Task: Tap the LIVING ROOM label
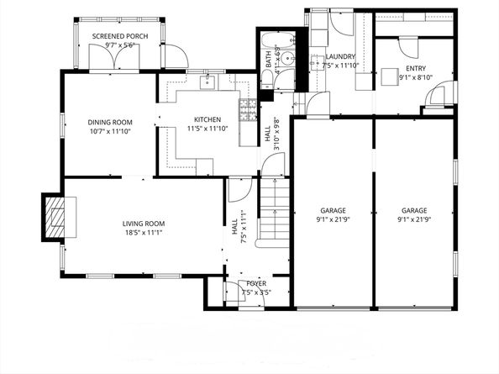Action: pos(144,223)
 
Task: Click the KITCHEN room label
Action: pos(207,119)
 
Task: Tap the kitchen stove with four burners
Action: pos(247,108)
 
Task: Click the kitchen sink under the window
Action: pos(207,82)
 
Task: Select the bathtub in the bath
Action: pos(268,55)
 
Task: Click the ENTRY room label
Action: pos(415,69)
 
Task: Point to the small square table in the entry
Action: pos(389,76)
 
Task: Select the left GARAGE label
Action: pos(333,210)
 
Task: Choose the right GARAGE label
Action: pos(413,210)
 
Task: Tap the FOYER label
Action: pos(255,284)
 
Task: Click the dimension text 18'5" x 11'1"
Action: pos(144,232)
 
